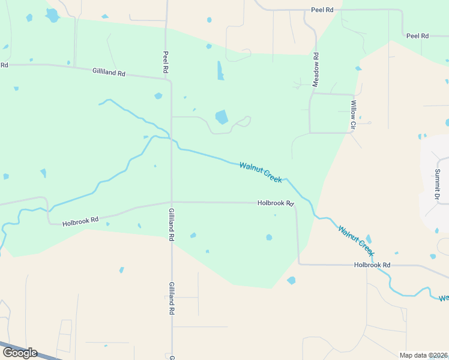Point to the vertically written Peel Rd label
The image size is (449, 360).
pos(165,62)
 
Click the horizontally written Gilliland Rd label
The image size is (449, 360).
pos(109,72)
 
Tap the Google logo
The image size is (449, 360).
pos(20,353)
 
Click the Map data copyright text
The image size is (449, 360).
pos(423,355)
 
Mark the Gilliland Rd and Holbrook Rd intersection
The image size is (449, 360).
pos(172,202)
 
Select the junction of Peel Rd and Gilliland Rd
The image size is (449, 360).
pos(171,79)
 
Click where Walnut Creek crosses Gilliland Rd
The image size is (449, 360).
pos(172,140)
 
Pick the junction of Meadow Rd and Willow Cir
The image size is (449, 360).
pos(310,93)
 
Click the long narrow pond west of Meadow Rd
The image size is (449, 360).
pos(220,70)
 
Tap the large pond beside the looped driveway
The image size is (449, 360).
pos(221,116)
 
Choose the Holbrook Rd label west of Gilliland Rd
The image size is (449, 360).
pos(80,221)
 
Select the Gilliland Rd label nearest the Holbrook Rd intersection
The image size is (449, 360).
pos(171,225)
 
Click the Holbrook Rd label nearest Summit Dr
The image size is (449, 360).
pos(372,265)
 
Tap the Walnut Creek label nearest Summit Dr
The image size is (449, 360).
pos(355,238)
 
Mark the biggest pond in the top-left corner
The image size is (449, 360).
pos(52,14)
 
